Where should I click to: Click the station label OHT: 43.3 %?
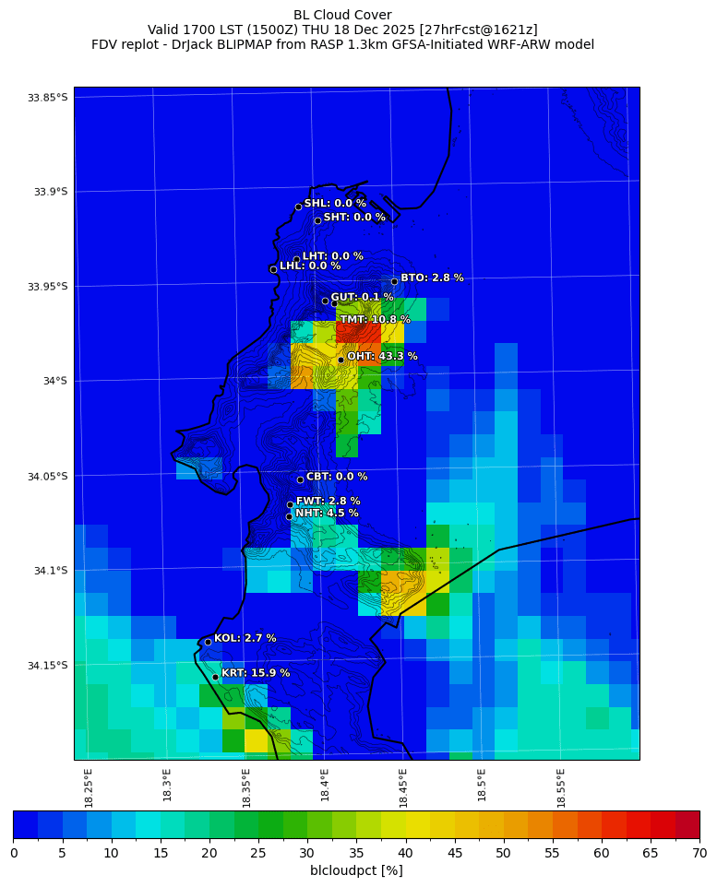pos(382,357)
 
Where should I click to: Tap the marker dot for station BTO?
pos(394,281)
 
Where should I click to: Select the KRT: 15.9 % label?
pos(256,673)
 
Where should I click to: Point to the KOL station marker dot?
pos(208,642)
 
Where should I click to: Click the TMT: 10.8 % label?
pos(375,320)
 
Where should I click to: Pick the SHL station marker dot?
pos(298,207)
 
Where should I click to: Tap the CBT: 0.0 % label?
pos(337,477)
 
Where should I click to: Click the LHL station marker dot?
pos(273,269)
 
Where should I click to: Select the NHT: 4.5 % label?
pos(327,514)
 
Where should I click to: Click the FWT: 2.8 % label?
pos(329,502)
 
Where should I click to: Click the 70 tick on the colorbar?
pos(699,853)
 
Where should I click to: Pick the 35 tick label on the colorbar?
pos(355,853)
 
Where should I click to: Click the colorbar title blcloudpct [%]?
pos(356,870)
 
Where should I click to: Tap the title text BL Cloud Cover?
pos(342,15)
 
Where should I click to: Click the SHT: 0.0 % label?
pos(354,218)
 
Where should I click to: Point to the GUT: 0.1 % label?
pos(362,297)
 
